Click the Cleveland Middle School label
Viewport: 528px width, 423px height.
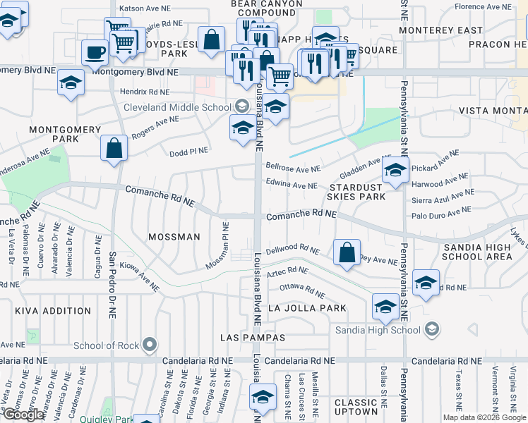[176, 107]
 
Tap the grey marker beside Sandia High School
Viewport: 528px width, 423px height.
[431, 329]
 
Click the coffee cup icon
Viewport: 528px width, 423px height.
[95, 51]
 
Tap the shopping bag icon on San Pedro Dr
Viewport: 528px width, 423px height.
[114, 149]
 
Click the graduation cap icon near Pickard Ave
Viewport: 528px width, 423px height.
[395, 171]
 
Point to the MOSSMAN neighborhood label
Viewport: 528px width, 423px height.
[175, 238]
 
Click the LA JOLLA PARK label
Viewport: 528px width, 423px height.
[307, 308]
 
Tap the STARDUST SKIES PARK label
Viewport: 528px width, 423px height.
[356, 192]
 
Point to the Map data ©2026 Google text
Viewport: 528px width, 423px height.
[484, 417]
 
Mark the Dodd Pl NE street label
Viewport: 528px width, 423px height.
[188, 152]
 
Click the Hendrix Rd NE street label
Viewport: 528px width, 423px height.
[144, 92]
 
